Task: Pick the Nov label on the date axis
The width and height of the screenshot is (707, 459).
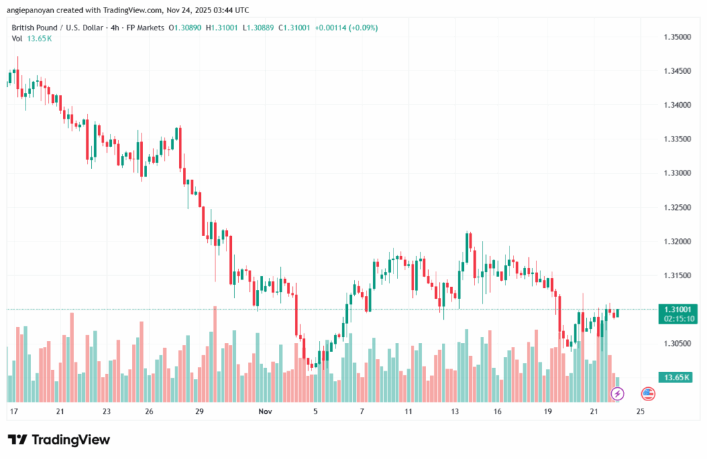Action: pos(265,411)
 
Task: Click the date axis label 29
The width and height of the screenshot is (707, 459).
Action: pos(200,411)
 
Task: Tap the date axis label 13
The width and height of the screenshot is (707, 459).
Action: pos(455,411)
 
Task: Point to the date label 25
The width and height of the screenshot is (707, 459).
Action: pos(640,411)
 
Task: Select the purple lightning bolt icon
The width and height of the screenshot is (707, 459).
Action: pos(617,394)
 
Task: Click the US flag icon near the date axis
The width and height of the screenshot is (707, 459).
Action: pos(648,394)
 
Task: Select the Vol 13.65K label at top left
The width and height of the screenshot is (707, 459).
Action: pos(32,39)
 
